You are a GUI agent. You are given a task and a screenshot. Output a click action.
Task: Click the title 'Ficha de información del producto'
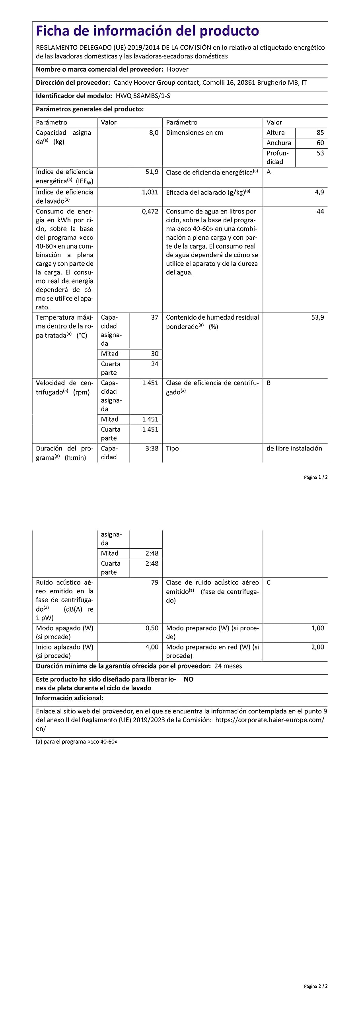click(147, 31)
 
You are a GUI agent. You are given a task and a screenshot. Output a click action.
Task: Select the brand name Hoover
click(177, 69)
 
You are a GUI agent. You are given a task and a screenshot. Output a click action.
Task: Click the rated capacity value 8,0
click(154, 133)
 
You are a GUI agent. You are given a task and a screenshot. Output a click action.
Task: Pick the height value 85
click(320, 133)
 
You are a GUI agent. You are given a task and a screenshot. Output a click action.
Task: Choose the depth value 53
click(320, 153)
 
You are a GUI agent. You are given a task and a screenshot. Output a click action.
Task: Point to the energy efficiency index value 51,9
click(152, 172)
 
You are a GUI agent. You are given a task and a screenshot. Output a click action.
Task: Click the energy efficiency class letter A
click(269, 172)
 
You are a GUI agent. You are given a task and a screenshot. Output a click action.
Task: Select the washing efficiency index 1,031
click(150, 192)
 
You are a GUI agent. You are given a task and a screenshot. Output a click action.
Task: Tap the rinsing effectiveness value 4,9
click(319, 192)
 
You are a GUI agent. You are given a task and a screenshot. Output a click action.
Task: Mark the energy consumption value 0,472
click(150, 212)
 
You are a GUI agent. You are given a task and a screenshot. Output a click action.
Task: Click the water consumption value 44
click(320, 212)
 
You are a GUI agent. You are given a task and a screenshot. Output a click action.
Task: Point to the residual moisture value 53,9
click(317, 317)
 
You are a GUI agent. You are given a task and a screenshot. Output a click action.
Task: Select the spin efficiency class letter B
click(269, 383)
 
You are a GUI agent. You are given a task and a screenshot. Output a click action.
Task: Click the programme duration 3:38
click(152, 448)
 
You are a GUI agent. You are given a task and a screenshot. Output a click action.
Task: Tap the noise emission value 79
click(154, 582)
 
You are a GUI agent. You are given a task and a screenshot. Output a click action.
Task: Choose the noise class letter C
click(269, 583)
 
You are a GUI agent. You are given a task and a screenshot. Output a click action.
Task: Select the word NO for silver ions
click(189, 679)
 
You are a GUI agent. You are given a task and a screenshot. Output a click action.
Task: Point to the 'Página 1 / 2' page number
click(315, 477)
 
